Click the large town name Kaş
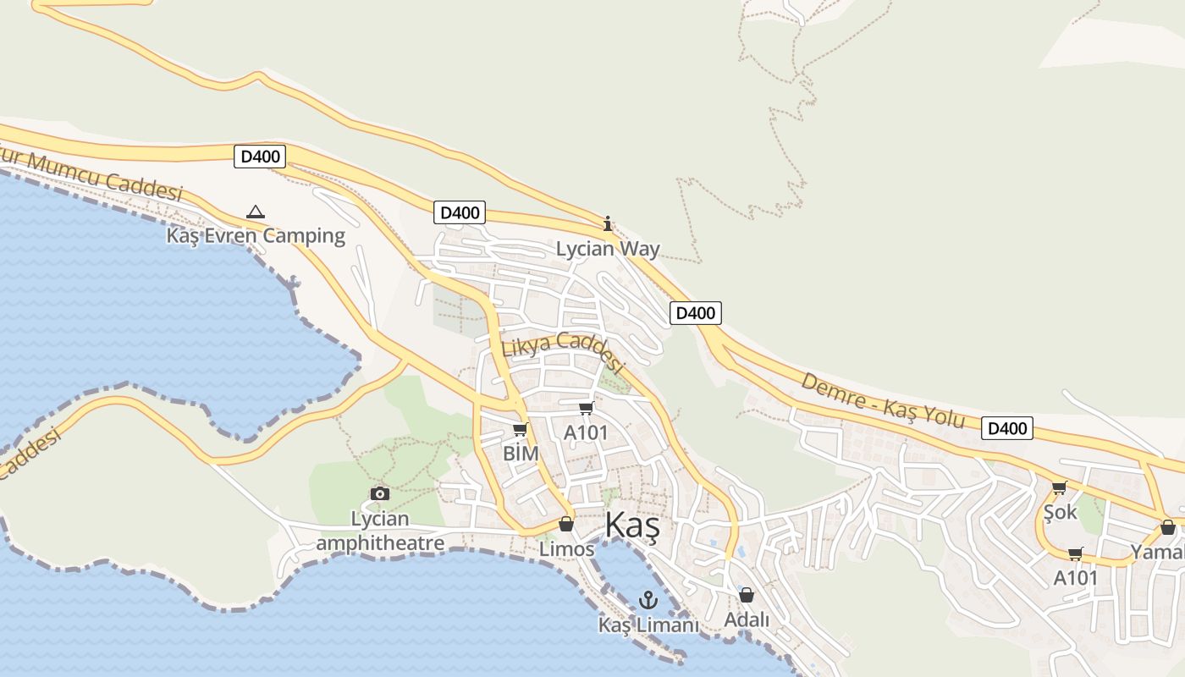click(631, 526)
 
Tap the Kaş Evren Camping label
click(256, 235)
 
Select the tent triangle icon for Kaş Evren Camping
click(255, 212)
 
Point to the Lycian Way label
click(608, 249)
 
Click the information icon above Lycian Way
click(607, 224)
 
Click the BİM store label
click(521, 454)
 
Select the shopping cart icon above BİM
click(520, 430)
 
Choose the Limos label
click(566, 549)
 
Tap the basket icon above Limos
click(566, 525)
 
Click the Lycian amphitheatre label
click(380, 531)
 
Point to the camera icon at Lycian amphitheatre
click(380, 493)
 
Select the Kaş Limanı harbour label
click(648, 625)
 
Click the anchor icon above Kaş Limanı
click(648, 601)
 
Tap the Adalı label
click(747, 619)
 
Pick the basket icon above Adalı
click(747, 595)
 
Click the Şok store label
click(1060, 512)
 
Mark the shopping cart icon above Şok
click(1059, 487)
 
